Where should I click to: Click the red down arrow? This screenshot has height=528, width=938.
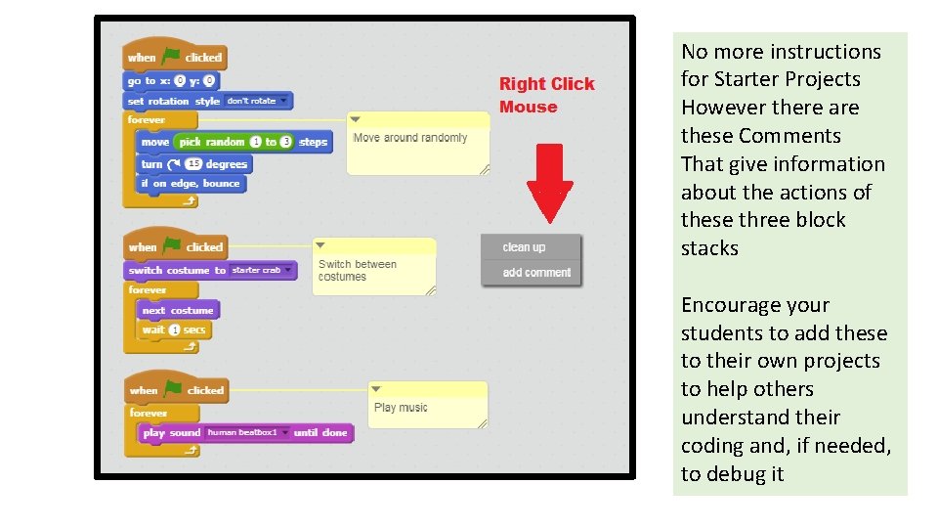point(550,182)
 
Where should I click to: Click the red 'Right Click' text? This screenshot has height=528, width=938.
point(546,84)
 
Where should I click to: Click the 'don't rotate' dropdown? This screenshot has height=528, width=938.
point(257,101)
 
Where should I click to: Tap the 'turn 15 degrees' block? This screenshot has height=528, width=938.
point(195,164)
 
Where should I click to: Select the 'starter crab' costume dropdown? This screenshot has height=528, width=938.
point(261,270)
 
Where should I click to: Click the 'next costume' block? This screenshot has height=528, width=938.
point(178,310)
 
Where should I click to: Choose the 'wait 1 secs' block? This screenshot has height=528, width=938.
point(174,330)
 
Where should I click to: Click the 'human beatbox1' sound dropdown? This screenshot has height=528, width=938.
point(248,432)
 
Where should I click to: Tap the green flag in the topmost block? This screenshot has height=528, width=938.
point(172,57)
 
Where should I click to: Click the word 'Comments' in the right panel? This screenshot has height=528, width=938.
point(789,136)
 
